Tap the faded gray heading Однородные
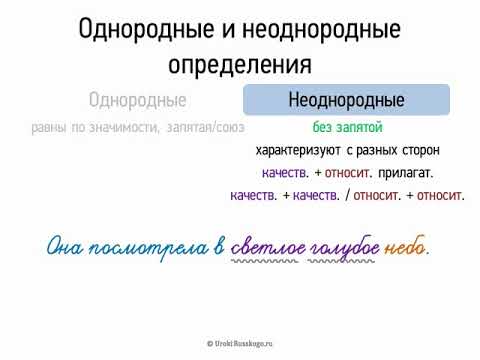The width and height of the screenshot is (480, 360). [x=138, y=100]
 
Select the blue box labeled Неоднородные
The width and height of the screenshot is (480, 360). [x=346, y=100]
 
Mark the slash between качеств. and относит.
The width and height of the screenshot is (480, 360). [x=347, y=196]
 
